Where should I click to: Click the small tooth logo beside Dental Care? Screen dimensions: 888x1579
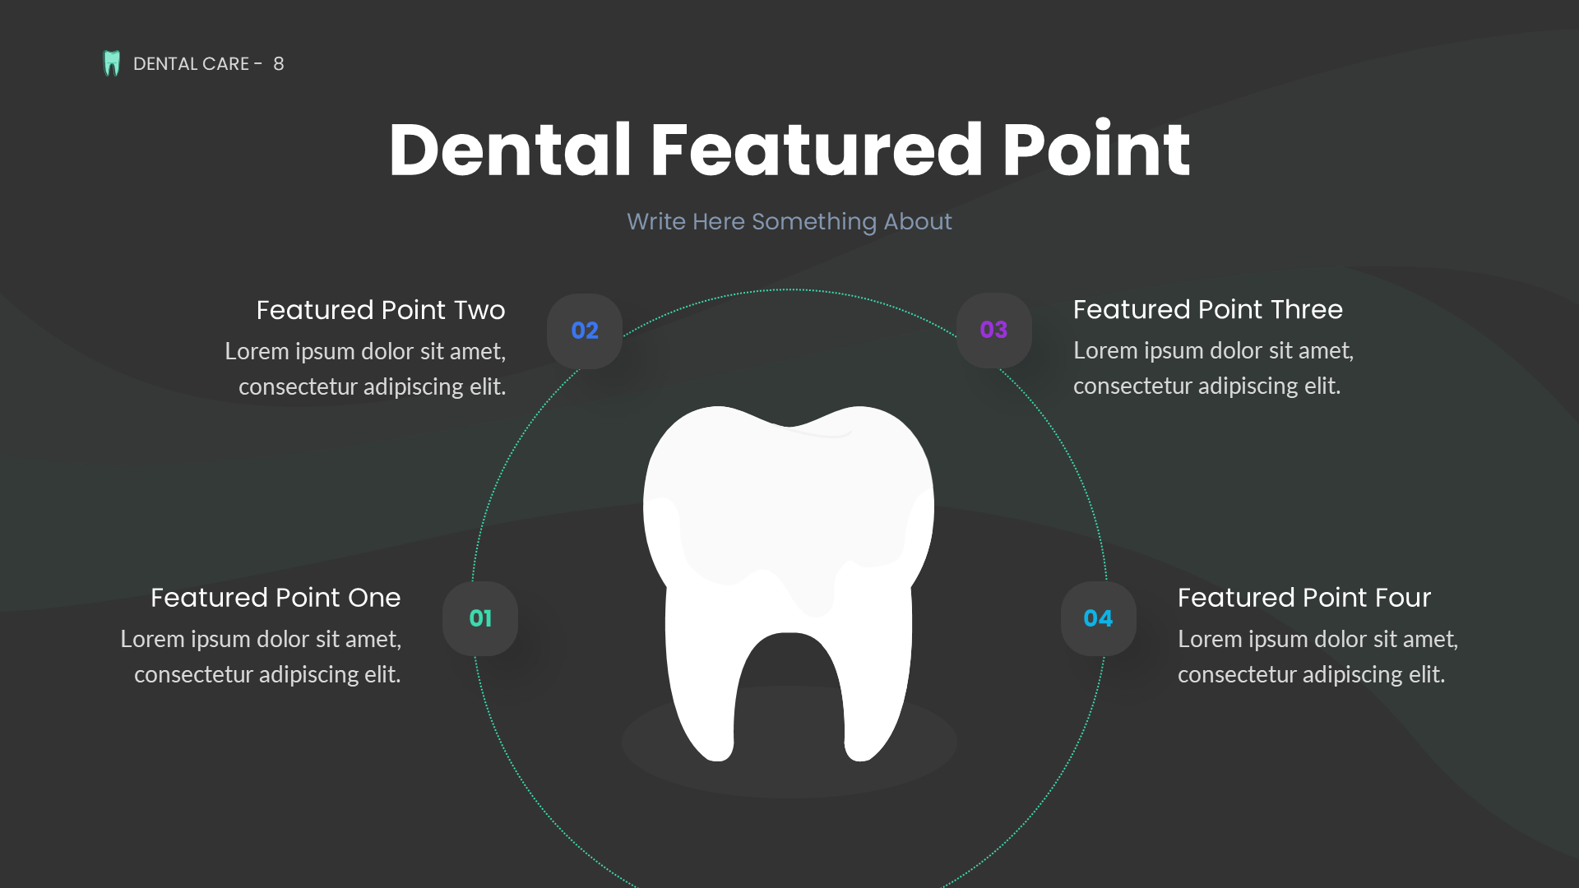coord(112,63)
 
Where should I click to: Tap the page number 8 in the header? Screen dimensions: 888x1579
coord(279,64)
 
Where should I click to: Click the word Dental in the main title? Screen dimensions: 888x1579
coord(510,150)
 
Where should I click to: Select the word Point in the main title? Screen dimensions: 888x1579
coord(1095,150)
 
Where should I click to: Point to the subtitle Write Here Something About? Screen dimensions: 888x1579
coord(789,221)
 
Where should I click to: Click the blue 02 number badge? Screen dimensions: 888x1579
coord(585,331)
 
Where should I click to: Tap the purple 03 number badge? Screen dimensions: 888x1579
coord(993,330)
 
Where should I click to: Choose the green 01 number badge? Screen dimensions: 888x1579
coord(480,618)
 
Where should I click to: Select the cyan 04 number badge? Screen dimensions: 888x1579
coord(1098,618)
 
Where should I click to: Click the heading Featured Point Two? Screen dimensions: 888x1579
coord(380,310)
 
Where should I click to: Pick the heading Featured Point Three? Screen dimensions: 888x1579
coord(1207,309)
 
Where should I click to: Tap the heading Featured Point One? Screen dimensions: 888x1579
coord(276,598)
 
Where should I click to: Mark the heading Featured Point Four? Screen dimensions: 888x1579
coord(1303,598)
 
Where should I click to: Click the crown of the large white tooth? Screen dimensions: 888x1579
coord(788,493)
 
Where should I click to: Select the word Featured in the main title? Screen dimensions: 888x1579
coord(816,150)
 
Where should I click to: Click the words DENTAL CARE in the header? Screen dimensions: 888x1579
coord(191,64)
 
